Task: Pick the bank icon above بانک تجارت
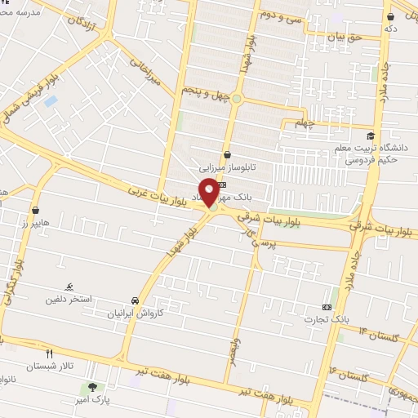(x=328, y=306)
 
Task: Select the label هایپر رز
(x=35, y=223)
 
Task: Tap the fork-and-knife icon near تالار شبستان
(x=50, y=354)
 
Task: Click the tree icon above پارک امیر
(x=91, y=386)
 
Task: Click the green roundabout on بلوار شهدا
(x=236, y=99)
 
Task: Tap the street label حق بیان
(x=342, y=37)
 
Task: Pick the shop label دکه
(x=391, y=29)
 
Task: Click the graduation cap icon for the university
(x=371, y=136)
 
